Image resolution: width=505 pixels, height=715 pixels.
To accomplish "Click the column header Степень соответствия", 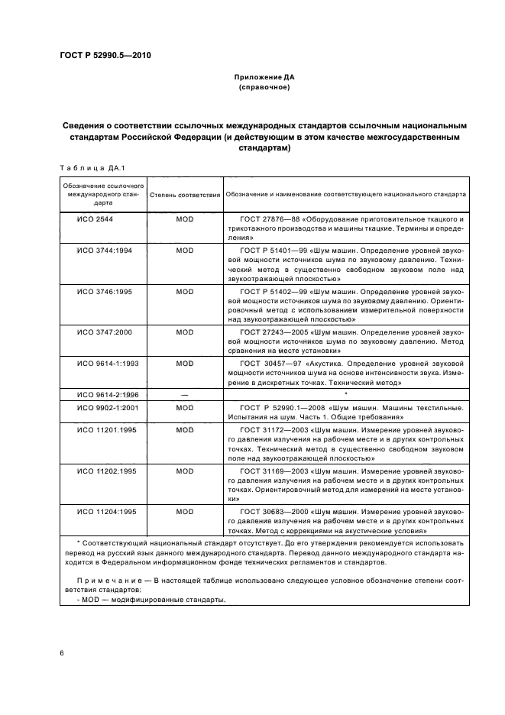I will click(184, 195).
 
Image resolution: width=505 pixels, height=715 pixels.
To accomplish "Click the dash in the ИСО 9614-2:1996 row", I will click(184, 394).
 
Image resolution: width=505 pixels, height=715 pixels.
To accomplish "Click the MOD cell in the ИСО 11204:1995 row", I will click(184, 512).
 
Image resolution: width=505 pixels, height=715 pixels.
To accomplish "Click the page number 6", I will click(61, 655).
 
